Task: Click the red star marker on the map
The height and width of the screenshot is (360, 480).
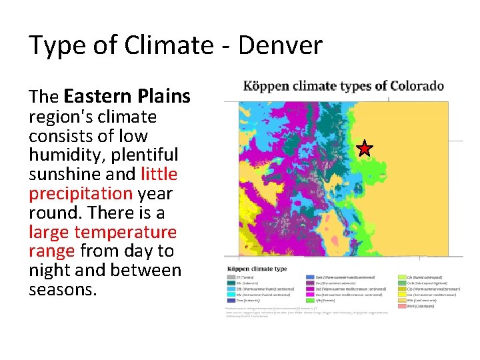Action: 365,148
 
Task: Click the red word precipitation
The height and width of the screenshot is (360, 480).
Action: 81,193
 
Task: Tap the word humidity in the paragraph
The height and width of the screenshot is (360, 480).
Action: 60,155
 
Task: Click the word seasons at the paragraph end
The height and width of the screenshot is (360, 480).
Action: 63,290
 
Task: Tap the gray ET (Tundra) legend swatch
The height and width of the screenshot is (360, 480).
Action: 231,277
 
